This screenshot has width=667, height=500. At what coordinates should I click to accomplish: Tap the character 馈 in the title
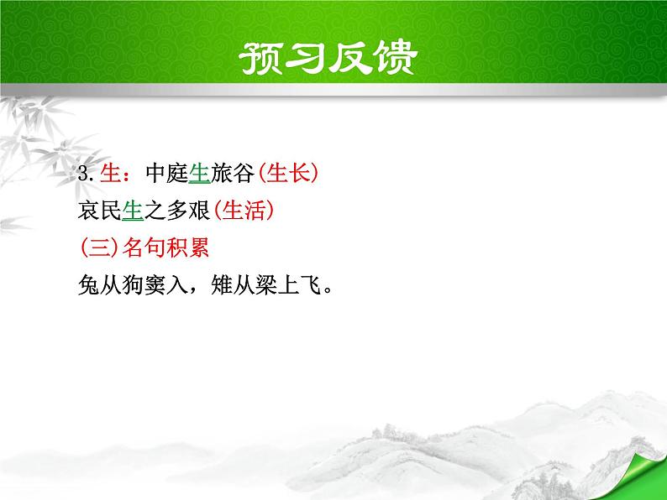(x=407, y=60)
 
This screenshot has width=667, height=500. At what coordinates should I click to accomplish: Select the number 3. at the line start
(x=83, y=174)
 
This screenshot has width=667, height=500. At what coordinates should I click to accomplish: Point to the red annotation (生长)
(x=288, y=174)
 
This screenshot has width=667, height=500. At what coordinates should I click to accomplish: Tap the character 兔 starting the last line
(x=85, y=287)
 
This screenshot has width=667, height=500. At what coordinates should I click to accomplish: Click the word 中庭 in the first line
(x=165, y=174)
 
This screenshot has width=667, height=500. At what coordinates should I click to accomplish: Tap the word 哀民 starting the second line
(x=97, y=212)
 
